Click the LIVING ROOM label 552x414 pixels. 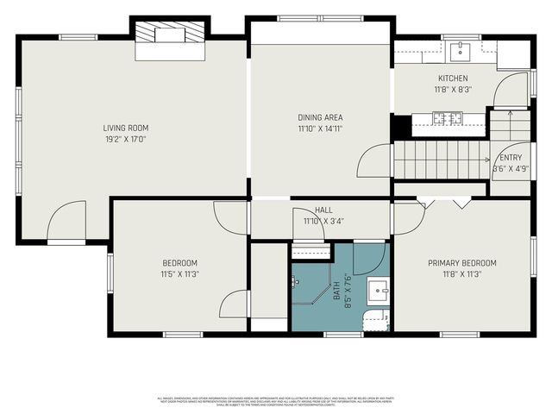[x=127, y=128]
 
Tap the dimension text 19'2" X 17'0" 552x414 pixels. [x=127, y=138]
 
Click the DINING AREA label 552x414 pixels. [x=319, y=117]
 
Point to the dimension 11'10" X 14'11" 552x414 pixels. [x=319, y=129]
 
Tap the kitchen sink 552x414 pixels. [x=460, y=50]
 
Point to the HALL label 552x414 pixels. [x=323, y=210]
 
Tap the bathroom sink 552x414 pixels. [x=378, y=290]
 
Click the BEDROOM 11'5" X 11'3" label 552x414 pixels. [x=179, y=268]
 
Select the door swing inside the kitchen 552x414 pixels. [x=512, y=91]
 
